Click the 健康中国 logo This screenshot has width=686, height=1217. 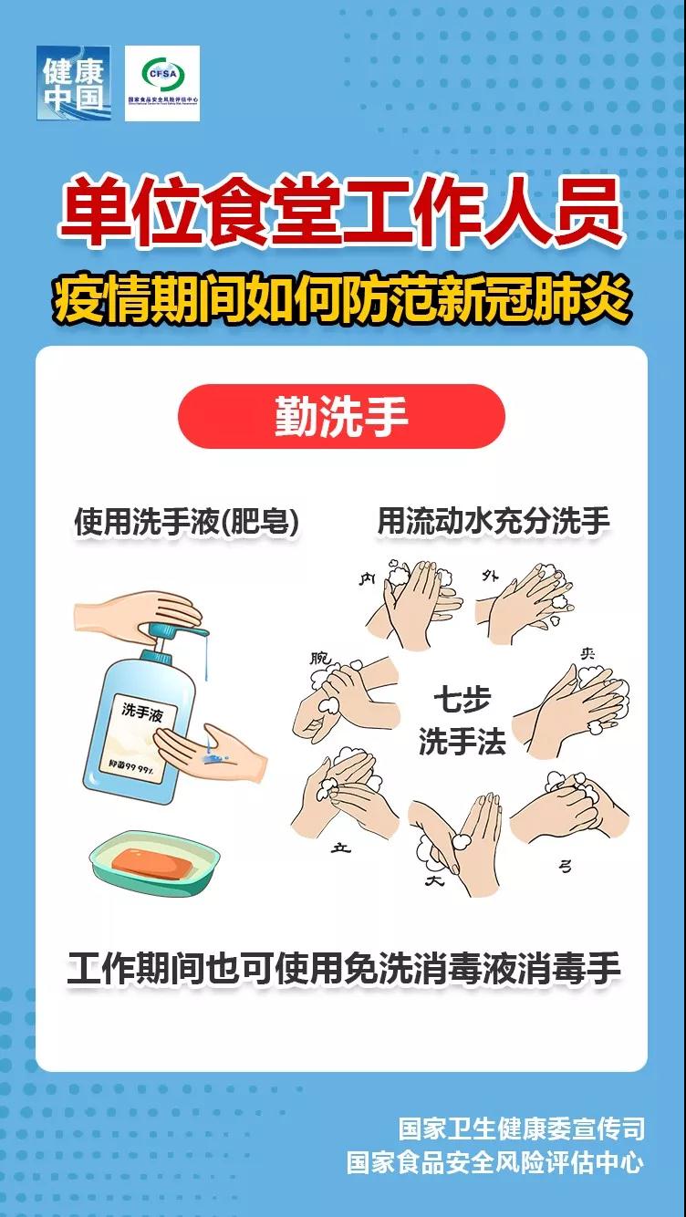(x=73, y=83)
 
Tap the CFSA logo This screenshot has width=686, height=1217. (x=161, y=83)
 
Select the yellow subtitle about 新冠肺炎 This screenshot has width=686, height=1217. (x=341, y=302)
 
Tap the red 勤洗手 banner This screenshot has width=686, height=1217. (x=341, y=416)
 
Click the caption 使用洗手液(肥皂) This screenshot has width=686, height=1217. (x=187, y=522)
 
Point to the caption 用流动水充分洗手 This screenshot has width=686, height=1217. (x=494, y=522)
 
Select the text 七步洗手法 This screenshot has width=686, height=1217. (x=462, y=721)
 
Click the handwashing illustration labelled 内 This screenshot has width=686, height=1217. (x=415, y=602)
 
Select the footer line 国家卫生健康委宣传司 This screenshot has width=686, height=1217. (x=521, y=1129)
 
